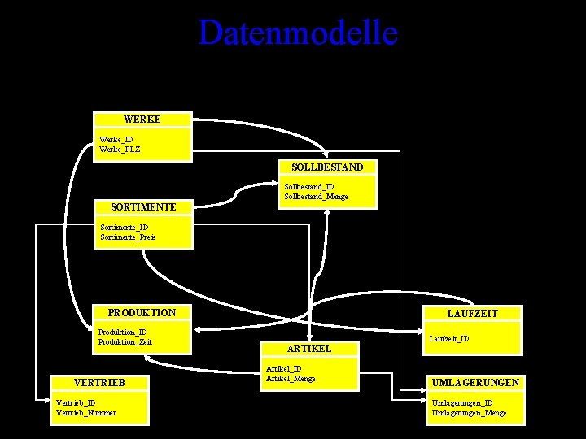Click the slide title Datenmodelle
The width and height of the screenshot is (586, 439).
[298, 33]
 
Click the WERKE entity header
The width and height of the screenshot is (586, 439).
[142, 120]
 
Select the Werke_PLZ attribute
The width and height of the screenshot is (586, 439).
[120, 149]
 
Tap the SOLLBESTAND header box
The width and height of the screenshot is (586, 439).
[327, 167]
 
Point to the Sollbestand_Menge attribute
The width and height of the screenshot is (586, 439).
[316, 197]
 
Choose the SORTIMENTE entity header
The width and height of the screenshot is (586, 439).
[143, 207]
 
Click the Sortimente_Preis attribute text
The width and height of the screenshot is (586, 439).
[128, 237]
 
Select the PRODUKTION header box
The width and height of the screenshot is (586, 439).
[142, 313]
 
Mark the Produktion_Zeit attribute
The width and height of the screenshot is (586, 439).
[125, 342]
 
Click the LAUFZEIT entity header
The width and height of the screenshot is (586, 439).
[472, 313]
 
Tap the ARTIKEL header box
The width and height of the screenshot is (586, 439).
[309, 348]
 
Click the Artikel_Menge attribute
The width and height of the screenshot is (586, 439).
[291, 379]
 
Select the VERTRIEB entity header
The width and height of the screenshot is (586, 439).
[98, 382]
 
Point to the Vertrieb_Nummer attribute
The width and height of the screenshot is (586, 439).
[85, 412]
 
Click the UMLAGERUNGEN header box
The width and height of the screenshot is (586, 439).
[476, 382]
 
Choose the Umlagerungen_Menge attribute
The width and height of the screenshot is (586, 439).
[469, 413]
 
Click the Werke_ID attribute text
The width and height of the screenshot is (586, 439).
[116, 139]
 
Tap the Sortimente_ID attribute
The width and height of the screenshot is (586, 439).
[124, 228]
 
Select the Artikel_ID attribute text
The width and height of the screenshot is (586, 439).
[284, 369]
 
